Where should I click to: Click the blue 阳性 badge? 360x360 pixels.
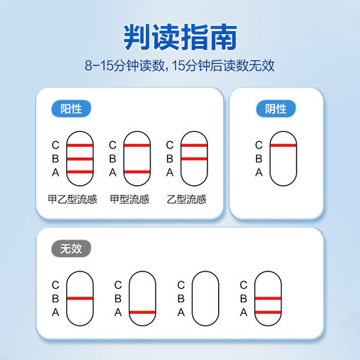point(71,109)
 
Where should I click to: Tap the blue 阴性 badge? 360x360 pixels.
point(276,109)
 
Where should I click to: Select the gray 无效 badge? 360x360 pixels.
point(71,248)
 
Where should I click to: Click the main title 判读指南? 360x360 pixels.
point(180,37)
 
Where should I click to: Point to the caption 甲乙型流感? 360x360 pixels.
point(72,199)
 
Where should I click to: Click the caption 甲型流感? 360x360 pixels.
point(130,199)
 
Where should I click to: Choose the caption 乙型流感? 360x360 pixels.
point(186,199)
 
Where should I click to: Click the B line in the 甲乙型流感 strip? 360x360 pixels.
point(80,159)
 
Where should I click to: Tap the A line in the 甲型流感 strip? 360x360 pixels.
point(137,171)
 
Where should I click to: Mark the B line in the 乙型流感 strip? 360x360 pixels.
point(194,158)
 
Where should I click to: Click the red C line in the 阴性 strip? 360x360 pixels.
point(283,145)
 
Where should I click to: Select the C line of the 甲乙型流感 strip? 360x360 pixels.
point(80,145)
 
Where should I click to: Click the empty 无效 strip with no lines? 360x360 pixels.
point(205,298)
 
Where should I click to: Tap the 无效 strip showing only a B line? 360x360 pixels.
point(80,298)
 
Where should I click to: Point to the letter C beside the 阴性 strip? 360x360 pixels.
point(258,145)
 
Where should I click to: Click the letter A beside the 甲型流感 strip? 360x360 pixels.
point(112,172)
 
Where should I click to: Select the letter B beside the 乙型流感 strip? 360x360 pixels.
point(170,158)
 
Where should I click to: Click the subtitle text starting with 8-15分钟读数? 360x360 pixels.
point(180,66)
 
